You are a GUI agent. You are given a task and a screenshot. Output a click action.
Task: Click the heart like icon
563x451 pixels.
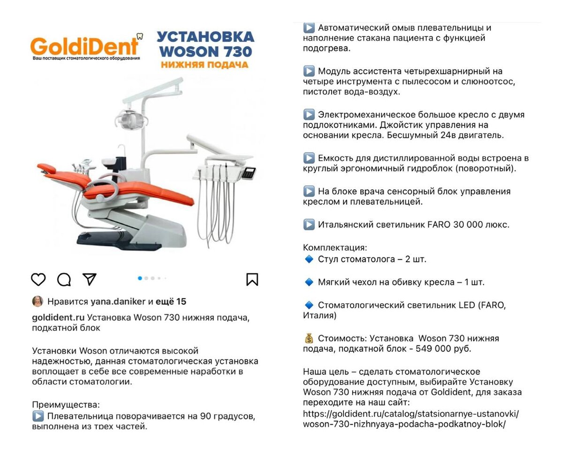(38, 280)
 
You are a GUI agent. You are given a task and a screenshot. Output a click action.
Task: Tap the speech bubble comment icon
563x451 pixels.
(64, 280)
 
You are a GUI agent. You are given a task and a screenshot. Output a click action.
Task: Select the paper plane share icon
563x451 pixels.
(90, 280)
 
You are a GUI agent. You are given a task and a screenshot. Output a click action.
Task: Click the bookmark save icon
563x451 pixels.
(252, 280)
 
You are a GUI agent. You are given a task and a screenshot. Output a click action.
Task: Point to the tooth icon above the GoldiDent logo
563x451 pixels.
(138, 35)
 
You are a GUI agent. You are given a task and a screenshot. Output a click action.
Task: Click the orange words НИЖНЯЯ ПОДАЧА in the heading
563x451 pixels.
(204, 64)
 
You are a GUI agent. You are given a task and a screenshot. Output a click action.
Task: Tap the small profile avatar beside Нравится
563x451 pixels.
(38, 302)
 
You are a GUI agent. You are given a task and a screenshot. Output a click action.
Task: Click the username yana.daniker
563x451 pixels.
(118, 302)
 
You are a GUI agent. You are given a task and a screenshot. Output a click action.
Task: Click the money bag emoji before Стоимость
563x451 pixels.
(308, 338)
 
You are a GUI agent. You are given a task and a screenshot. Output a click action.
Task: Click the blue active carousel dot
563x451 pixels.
(140, 278)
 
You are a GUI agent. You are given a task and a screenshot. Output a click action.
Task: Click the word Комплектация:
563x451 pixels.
(335, 248)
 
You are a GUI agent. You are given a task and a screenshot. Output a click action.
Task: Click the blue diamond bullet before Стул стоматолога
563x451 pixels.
(308, 259)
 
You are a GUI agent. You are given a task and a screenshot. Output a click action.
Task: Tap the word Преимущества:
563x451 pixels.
(66, 404)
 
